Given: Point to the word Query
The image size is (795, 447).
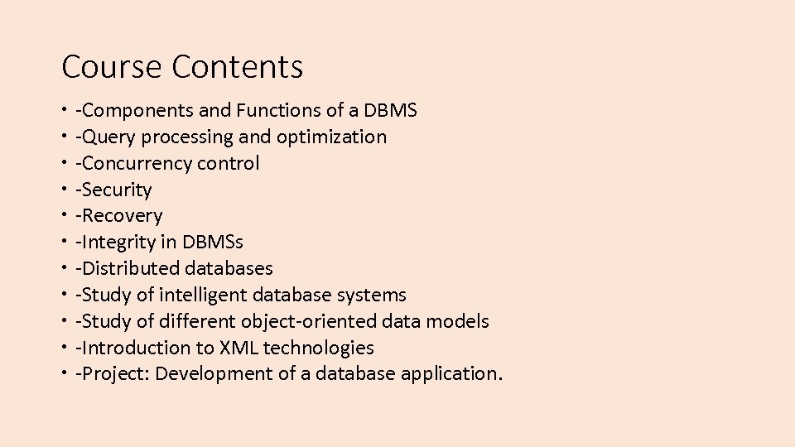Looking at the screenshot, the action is point(106,137).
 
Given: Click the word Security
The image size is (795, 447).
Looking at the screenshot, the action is point(117,190).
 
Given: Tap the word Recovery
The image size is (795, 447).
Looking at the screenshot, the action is point(122,216).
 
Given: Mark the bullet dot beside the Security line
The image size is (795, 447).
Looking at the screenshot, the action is point(64,190).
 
